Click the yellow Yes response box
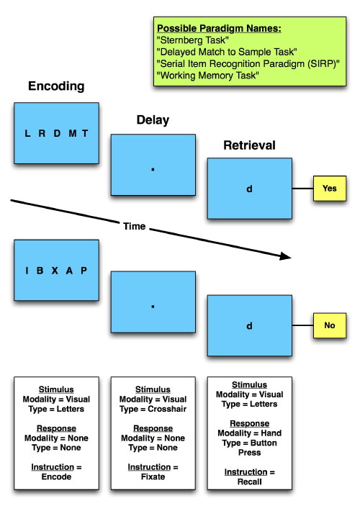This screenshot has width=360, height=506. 330,189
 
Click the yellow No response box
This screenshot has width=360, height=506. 330,325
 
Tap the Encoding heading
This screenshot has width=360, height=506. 56,86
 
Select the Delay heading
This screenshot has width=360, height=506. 153,120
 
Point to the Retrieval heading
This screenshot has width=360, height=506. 249,145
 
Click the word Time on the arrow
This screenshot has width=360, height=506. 135,226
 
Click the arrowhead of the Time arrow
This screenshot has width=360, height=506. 285,256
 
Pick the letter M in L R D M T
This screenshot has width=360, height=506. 73,133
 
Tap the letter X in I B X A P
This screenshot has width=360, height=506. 55,271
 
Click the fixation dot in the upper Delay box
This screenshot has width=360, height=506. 153,169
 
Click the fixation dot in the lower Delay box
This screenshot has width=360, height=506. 153,306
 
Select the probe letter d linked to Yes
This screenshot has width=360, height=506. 249,189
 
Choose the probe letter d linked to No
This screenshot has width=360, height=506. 249,325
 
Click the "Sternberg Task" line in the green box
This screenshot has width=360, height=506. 193,40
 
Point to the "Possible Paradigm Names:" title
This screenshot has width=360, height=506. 219,28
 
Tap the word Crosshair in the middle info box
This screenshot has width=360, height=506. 167,409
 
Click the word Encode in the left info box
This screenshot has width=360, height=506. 56,476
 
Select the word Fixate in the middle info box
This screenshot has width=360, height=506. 153,476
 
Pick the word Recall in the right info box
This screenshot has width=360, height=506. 249,482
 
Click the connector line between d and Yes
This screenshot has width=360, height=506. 302,189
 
